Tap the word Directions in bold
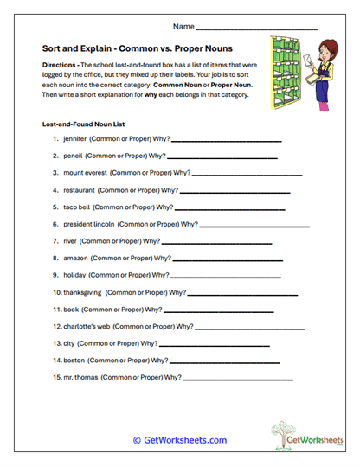[61, 66]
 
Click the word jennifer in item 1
[78, 139]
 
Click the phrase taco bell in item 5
[76, 207]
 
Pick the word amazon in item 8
[76, 258]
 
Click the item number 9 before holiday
[55, 275]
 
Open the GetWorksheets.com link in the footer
[180, 440]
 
